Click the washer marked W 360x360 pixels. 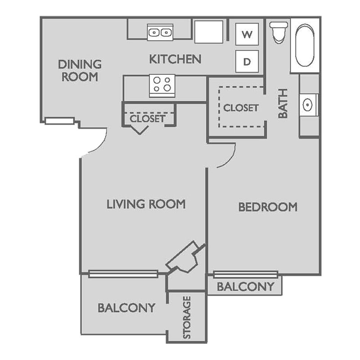(x=247, y=35)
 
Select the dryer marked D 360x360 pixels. (x=247, y=61)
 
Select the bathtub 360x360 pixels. (x=305, y=45)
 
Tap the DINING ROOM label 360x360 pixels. (x=80, y=70)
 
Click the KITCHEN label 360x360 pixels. (x=175, y=59)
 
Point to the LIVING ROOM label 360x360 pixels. (x=146, y=204)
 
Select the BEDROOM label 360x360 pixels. (x=268, y=207)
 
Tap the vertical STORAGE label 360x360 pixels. (x=187, y=317)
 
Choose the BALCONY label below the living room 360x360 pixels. (x=126, y=308)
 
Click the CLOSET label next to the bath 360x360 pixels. (x=241, y=108)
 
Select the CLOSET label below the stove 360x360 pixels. (x=147, y=119)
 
